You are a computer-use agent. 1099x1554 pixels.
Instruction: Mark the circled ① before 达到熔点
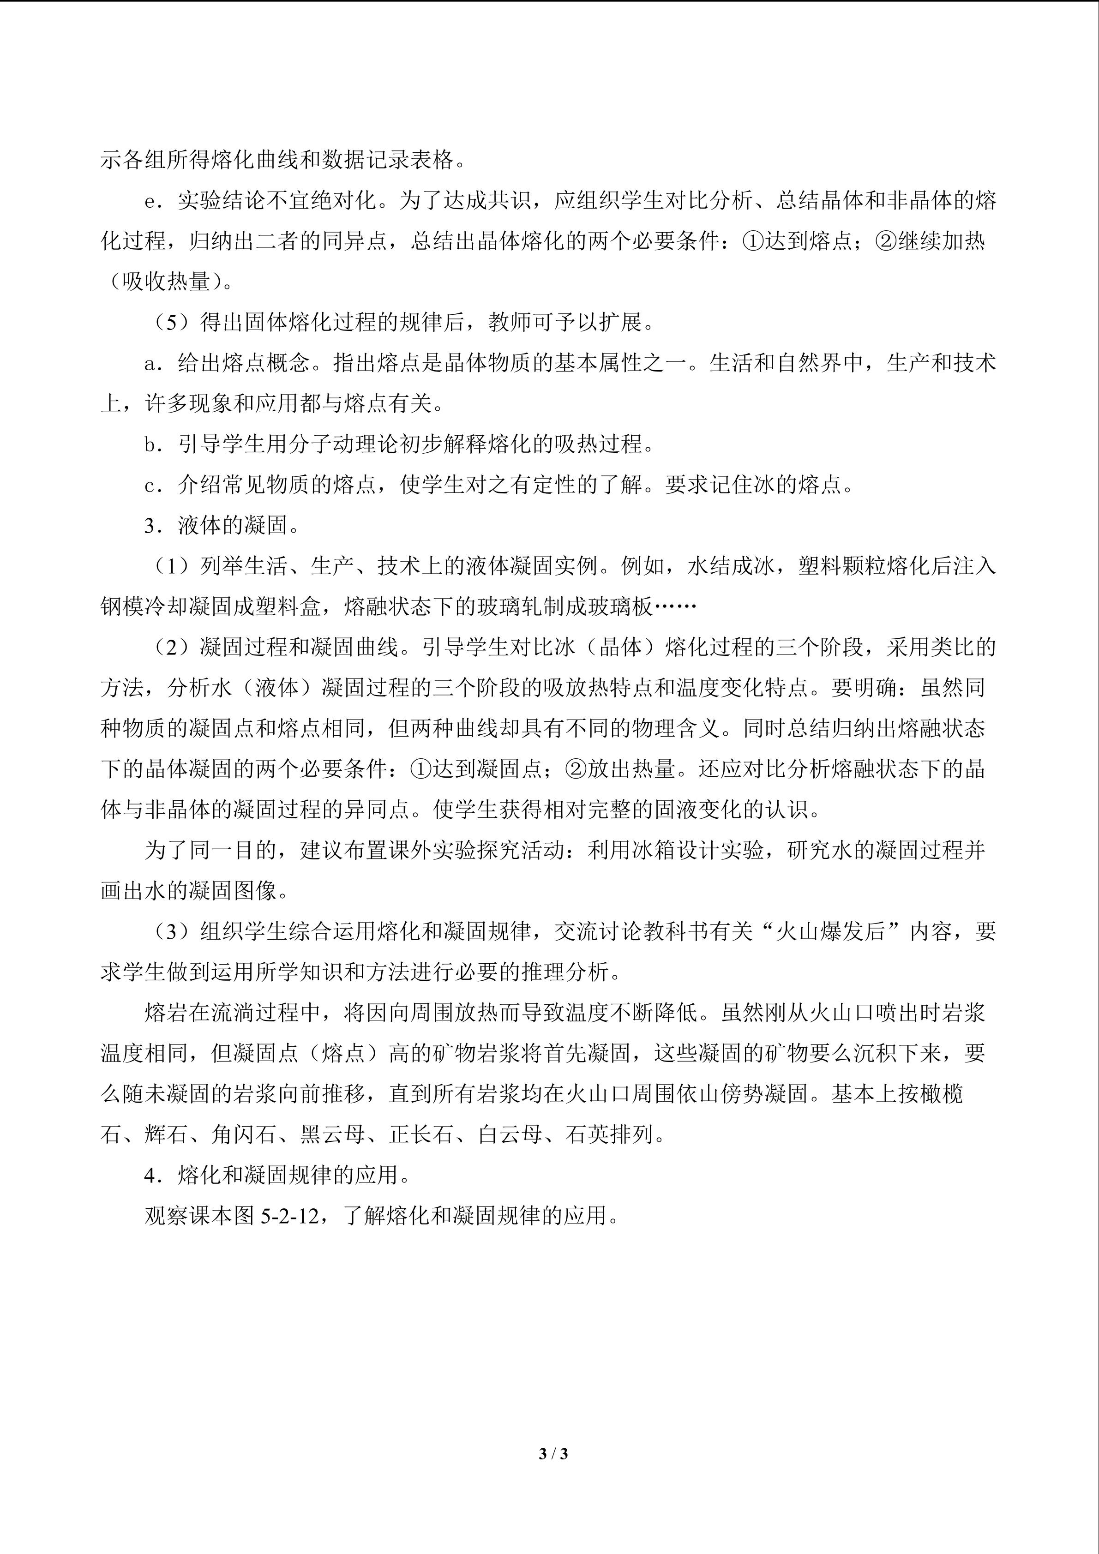753,242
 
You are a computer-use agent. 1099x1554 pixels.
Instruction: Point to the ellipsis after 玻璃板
675,607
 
